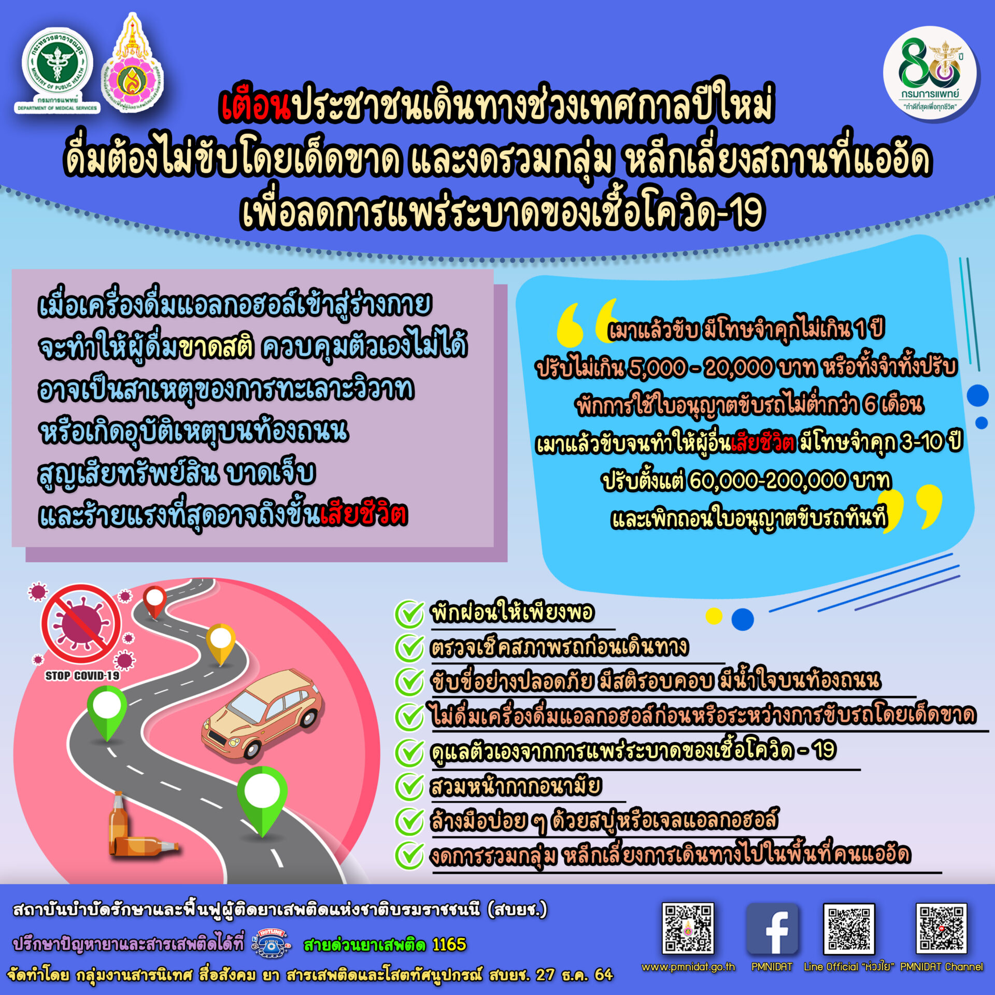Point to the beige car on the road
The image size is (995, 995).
coord(262,715)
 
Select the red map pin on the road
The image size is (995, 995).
coord(154,602)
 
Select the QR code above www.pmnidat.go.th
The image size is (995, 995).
coord(688,929)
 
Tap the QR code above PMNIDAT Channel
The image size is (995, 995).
coord(941,929)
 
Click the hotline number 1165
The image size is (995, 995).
coord(449,945)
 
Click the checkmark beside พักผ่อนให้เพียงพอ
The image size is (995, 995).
coord(409,614)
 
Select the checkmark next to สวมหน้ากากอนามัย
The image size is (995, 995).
coord(409,787)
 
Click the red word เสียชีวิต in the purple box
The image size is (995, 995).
coord(364,515)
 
